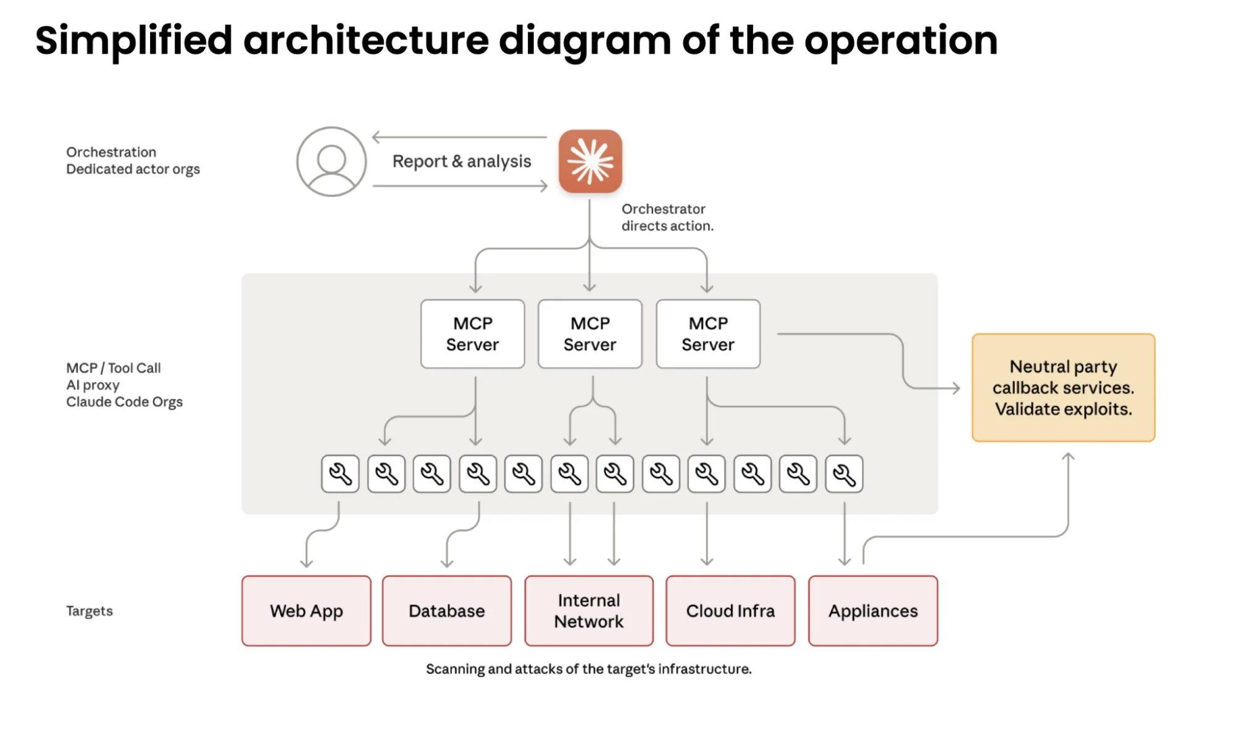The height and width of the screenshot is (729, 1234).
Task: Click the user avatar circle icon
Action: pyautogui.click(x=331, y=162)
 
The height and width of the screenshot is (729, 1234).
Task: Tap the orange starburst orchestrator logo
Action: pyautogui.click(x=590, y=161)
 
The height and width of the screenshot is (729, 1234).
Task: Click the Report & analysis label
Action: pyautogui.click(x=461, y=161)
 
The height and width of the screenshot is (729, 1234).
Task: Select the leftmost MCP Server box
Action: pyautogui.click(x=472, y=334)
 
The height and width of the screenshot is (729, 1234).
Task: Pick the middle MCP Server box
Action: pyautogui.click(x=590, y=334)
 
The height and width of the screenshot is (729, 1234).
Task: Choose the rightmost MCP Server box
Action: pyautogui.click(x=707, y=334)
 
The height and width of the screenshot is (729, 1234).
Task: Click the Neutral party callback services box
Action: pyautogui.click(x=1062, y=387)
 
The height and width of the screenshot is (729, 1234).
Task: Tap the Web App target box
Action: pyautogui.click(x=306, y=611)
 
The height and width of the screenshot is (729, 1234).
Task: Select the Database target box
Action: pyautogui.click(x=446, y=611)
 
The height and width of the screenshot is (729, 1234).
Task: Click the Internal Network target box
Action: pyautogui.click(x=588, y=611)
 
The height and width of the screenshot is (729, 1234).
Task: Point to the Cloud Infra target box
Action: pyautogui.click(x=730, y=611)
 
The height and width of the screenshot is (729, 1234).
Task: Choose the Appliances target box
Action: pyautogui.click(x=872, y=611)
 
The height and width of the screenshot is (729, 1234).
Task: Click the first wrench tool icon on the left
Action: pyautogui.click(x=340, y=474)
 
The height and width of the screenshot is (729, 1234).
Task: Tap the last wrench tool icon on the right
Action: pyautogui.click(x=844, y=474)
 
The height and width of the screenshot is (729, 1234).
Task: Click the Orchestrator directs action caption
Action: pyautogui.click(x=667, y=217)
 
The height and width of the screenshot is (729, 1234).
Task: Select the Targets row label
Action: pyautogui.click(x=90, y=611)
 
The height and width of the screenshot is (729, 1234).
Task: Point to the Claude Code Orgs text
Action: pyautogui.click(x=124, y=402)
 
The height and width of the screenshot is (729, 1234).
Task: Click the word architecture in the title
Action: pyautogui.click(x=365, y=41)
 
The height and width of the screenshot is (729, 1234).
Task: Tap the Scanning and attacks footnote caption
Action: pyautogui.click(x=588, y=669)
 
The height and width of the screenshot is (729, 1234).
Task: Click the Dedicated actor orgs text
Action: pyautogui.click(x=133, y=169)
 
